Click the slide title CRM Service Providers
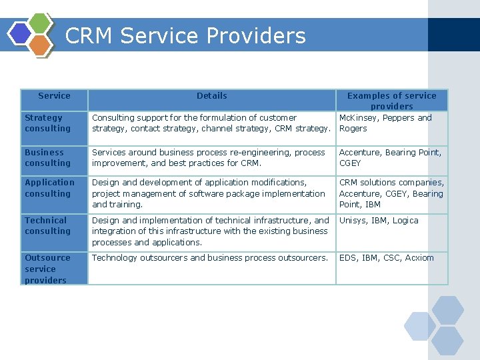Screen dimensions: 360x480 pyautogui.click(x=185, y=35)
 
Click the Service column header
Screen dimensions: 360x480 pyautogui.click(x=54, y=96)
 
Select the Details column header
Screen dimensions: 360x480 pyautogui.click(x=211, y=96)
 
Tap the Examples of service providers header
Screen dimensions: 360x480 pyautogui.click(x=391, y=101)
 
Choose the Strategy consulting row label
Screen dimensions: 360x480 pyautogui.click(x=47, y=123)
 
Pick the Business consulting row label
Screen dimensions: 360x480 pyautogui.click(x=47, y=158)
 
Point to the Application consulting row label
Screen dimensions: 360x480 pyautogui.click(x=49, y=188)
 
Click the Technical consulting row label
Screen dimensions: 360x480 pyautogui.click(x=47, y=226)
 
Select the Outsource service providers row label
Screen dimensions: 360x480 pyautogui.click(x=47, y=269)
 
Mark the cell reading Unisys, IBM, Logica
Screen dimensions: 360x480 pyautogui.click(x=379, y=221)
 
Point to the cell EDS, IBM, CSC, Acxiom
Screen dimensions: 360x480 pyautogui.click(x=386, y=258)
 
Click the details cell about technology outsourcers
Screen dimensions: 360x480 pyautogui.click(x=210, y=258)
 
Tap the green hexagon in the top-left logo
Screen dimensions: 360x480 pyautogui.click(x=41, y=23)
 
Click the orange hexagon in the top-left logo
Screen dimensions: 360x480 pyautogui.click(x=41, y=45)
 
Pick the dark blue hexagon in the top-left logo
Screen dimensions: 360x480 pyautogui.click(x=20, y=33)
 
